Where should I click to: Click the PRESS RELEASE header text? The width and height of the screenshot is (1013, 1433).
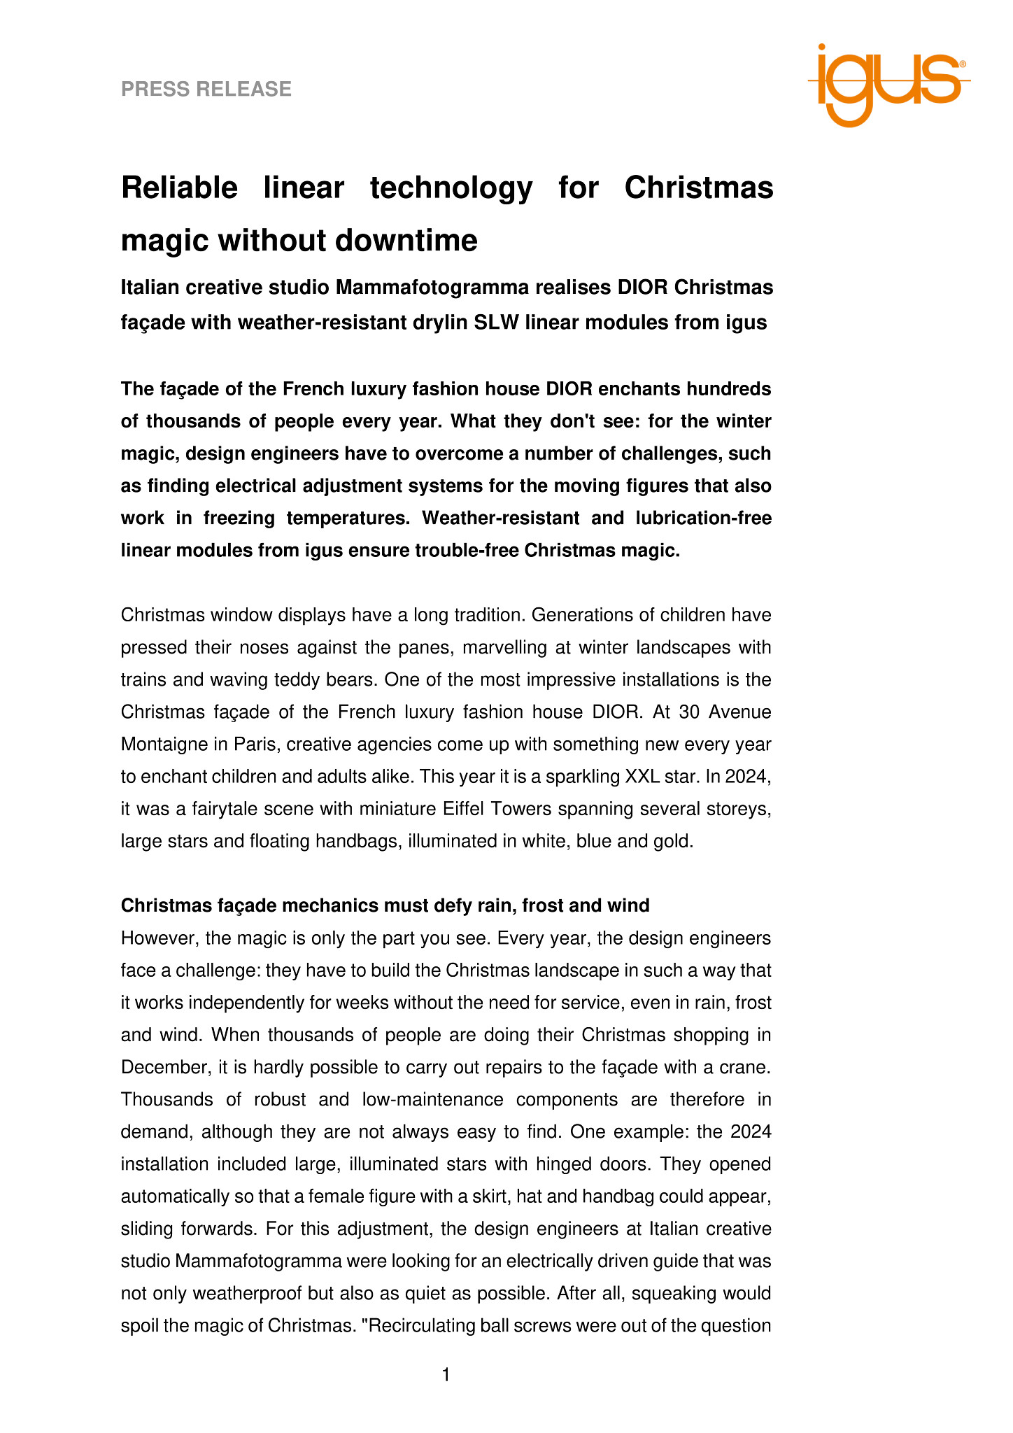(x=206, y=89)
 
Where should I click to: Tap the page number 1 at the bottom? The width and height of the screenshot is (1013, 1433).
(x=446, y=1375)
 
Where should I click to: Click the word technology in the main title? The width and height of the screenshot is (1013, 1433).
(x=451, y=188)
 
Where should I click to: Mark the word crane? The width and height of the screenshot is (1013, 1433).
(x=749, y=1067)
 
